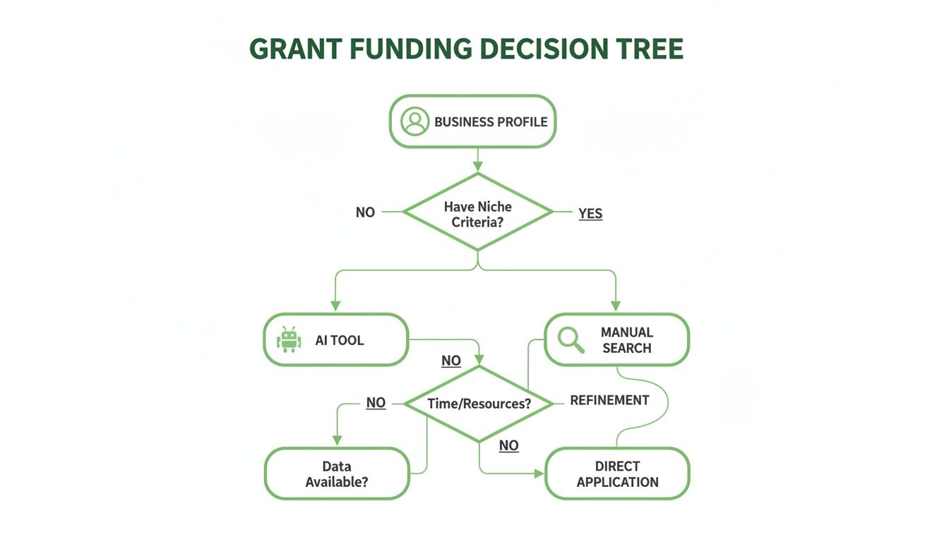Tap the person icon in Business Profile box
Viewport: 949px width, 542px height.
pos(414,121)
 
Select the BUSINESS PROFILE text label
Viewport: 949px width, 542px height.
pos(491,122)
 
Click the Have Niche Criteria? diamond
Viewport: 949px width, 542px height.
pos(478,212)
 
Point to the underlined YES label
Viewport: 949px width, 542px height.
pos(590,213)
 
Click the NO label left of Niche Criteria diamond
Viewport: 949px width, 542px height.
pos(365,212)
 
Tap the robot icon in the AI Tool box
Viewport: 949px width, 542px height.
pos(289,340)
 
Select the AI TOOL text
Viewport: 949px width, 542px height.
pos(340,340)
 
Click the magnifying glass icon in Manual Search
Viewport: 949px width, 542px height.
pos(571,340)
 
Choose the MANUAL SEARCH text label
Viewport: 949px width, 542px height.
pos(627,339)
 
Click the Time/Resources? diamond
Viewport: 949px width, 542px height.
pos(478,404)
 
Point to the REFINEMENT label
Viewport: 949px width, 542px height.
pos(609,400)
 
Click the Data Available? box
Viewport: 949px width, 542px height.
pos(337,474)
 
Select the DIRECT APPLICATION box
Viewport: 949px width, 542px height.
pos(618,474)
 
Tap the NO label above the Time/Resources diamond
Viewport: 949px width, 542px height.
pos(451,361)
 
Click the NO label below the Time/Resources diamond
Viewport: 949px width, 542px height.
pos(508,445)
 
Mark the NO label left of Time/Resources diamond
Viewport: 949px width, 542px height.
pos(376,403)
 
